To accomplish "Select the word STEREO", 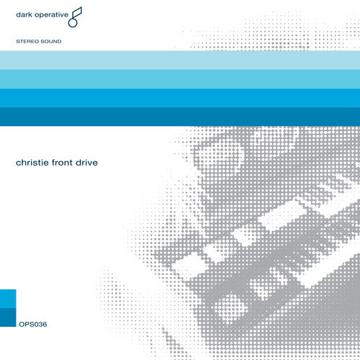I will pos(28,42).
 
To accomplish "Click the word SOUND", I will pos(52,42).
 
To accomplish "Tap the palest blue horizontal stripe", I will pos(180,60).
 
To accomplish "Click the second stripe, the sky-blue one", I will pos(180,78).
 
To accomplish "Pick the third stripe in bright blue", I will pos(180,97).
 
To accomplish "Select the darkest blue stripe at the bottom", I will pos(180,116).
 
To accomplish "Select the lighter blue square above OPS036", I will pos(8,297).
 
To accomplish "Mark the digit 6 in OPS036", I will pos(43,341).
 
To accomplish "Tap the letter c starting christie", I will pos(18,163).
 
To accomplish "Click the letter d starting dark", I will pos(18,14).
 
